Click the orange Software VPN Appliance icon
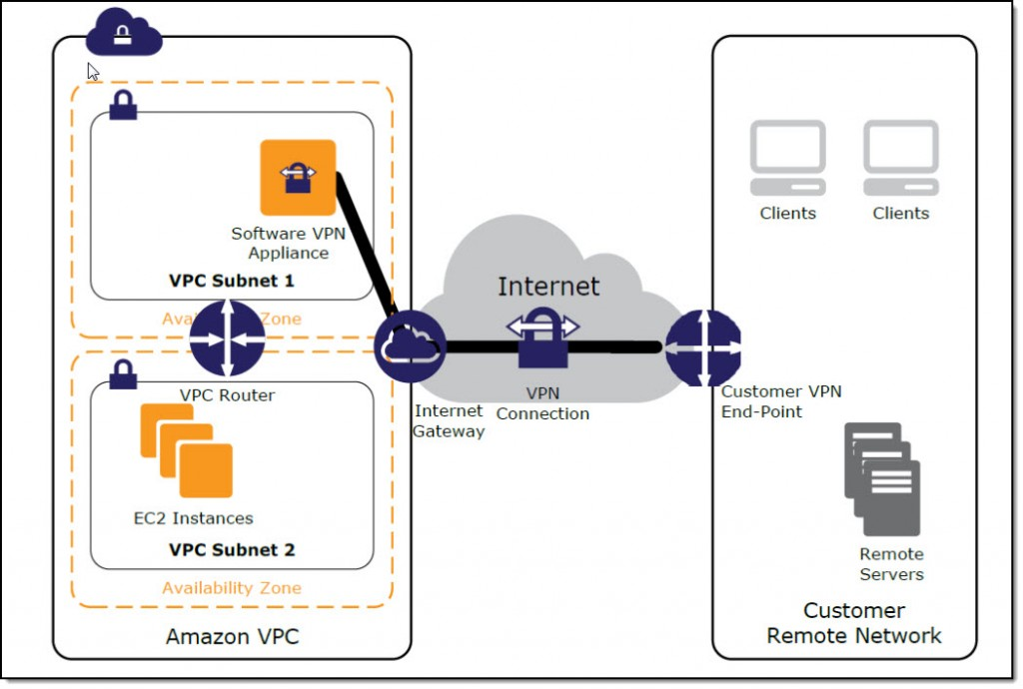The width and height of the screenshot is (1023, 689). [x=298, y=178]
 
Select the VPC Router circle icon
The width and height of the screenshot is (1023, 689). [x=227, y=340]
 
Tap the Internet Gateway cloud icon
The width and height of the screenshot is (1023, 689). [x=410, y=345]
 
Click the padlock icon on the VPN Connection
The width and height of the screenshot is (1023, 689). [x=542, y=337]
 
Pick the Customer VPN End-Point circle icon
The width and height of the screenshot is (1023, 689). [x=703, y=346]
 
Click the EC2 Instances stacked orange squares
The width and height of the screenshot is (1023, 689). [x=187, y=450]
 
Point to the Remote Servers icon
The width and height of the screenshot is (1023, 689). [x=882, y=478]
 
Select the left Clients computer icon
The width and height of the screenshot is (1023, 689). [x=788, y=158]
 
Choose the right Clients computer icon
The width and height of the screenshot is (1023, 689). [x=901, y=158]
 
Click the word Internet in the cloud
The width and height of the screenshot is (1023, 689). [x=548, y=287]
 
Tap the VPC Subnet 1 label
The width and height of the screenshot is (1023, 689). [x=232, y=281]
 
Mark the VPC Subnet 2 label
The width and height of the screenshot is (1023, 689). [x=232, y=549]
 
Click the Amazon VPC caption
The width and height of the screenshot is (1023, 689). [x=232, y=636]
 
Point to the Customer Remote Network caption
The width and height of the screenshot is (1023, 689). [x=854, y=623]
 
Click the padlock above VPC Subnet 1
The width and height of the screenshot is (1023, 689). [x=123, y=105]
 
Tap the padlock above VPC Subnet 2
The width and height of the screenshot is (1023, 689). [x=123, y=374]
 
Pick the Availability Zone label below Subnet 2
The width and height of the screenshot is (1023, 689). [x=232, y=588]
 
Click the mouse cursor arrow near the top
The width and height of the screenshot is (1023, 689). [x=93, y=72]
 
